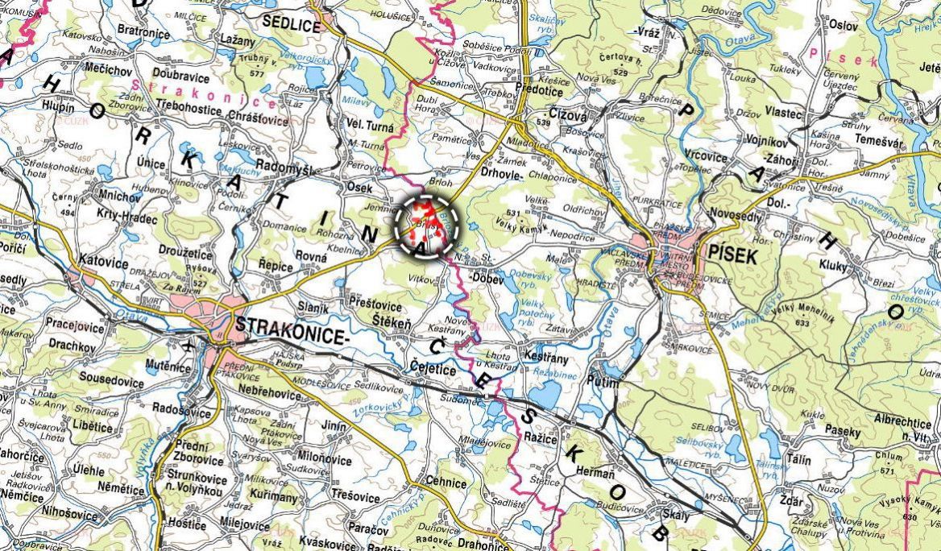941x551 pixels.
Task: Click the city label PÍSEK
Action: coord(733,256)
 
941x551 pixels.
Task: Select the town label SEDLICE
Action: coord(291,25)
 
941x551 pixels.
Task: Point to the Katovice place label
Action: coord(103,261)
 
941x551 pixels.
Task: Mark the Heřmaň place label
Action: coord(598,474)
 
